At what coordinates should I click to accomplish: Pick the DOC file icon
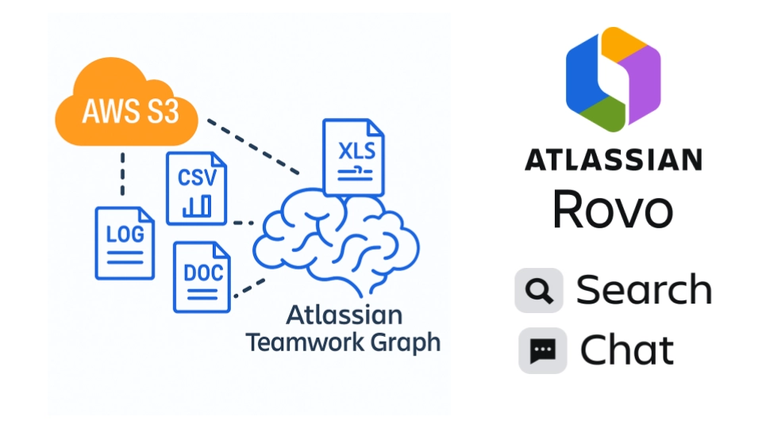[202, 277]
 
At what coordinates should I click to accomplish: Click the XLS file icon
[353, 158]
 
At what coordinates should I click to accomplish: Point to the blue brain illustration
[333, 238]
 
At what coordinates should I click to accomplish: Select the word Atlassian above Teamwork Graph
[344, 315]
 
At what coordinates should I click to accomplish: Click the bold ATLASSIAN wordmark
[613, 159]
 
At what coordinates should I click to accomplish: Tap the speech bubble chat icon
[543, 350]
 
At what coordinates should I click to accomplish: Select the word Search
[644, 290]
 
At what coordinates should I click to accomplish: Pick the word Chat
[627, 350]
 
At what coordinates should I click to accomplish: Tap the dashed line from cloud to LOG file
[122, 174]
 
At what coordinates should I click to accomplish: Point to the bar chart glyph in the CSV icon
[196, 208]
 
